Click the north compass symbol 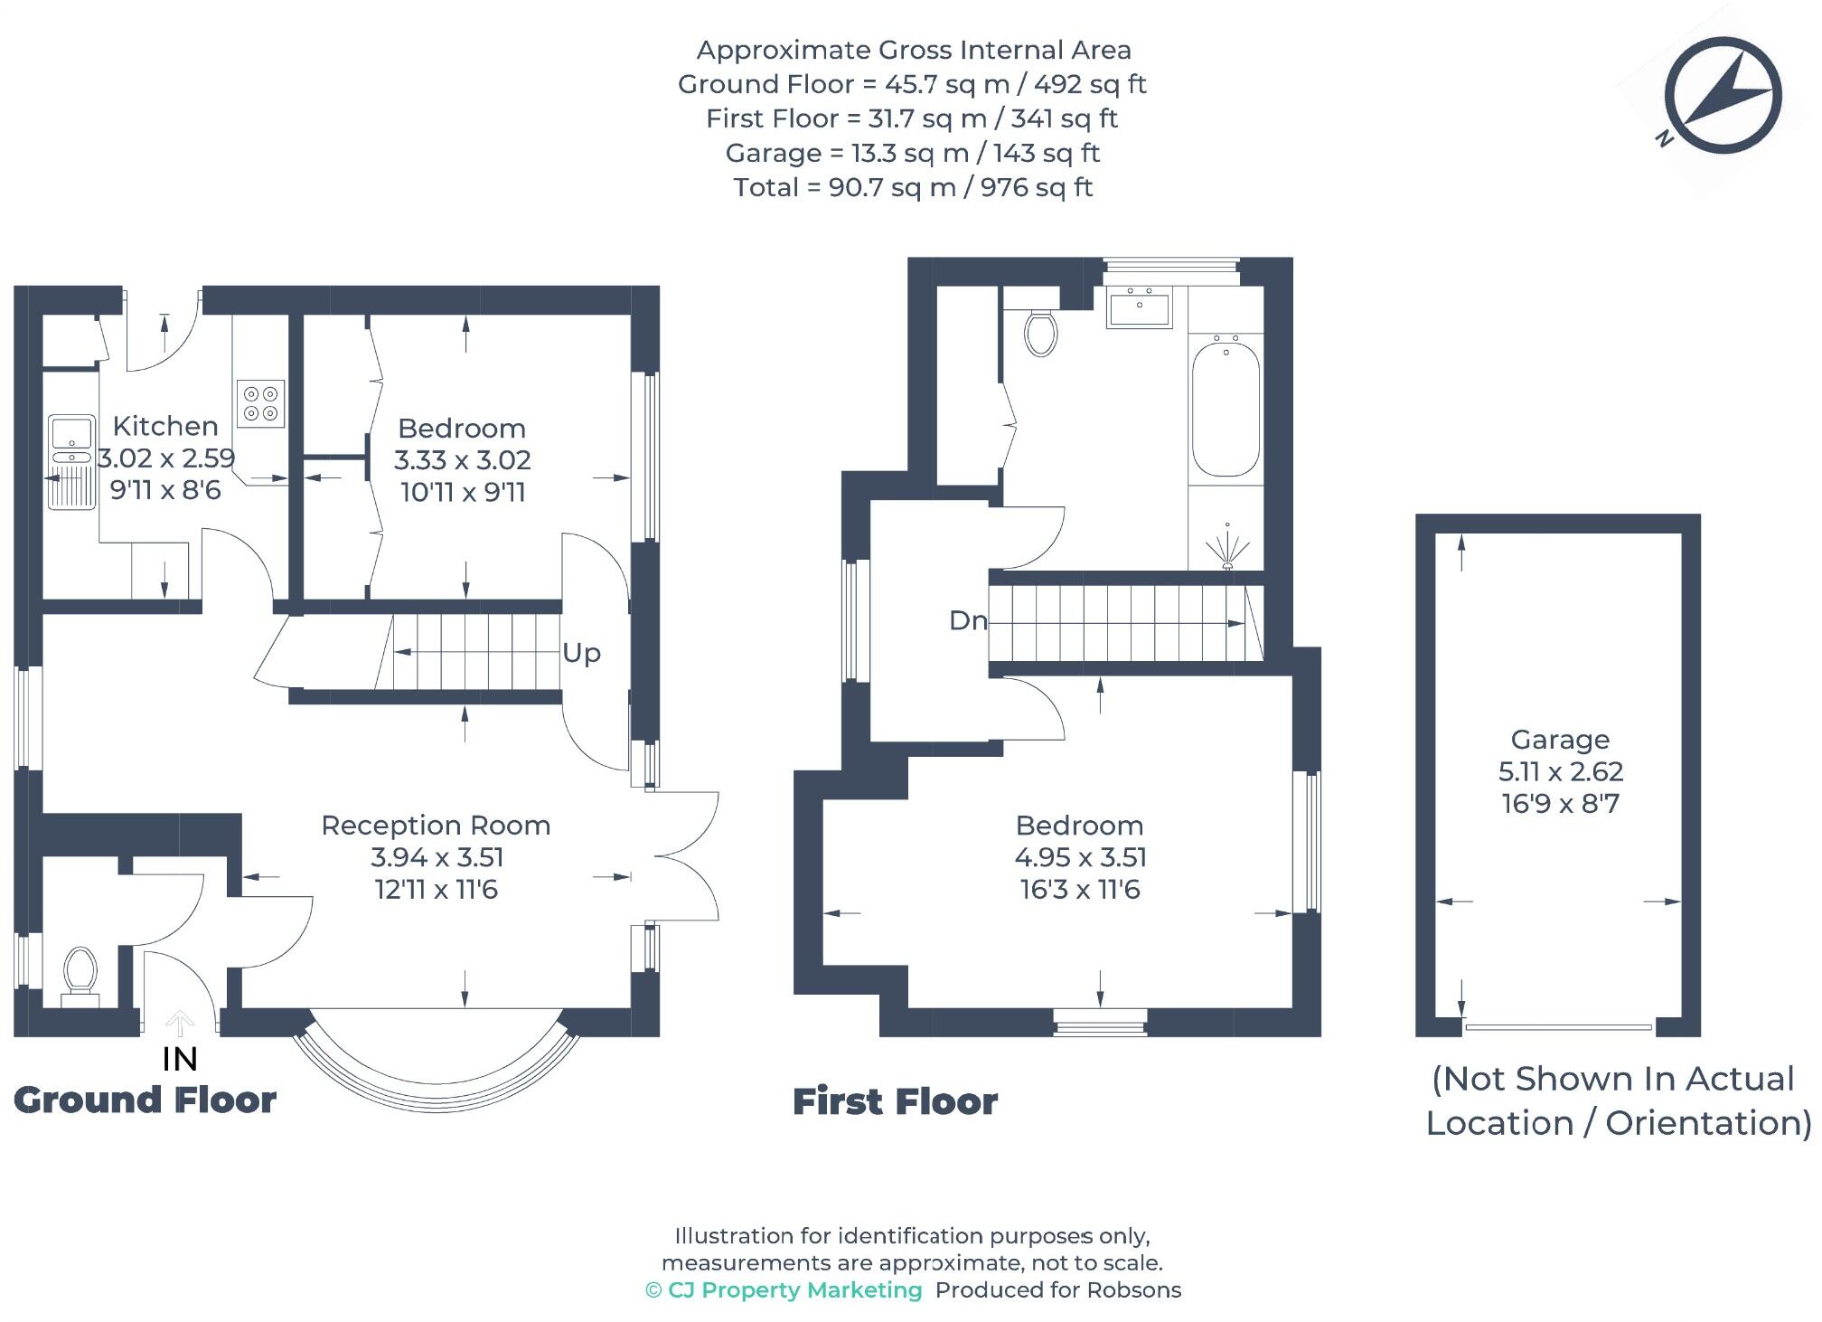pyautogui.click(x=1722, y=94)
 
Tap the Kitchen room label pyautogui.click(x=165, y=426)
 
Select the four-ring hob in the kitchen pyautogui.click(x=261, y=403)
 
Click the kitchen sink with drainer pyautogui.click(x=71, y=461)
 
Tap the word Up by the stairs pyautogui.click(x=581, y=653)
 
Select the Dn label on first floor pyautogui.click(x=967, y=620)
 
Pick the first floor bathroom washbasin pyautogui.click(x=1139, y=307)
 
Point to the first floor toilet pyautogui.click(x=1040, y=332)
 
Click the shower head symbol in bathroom pyautogui.click(x=1227, y=548)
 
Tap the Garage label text pyautogui.click(x=1560, y=740)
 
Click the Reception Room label pyautogui.click(x=436, y=826)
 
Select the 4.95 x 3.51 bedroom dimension pyautogui.click(x=1080, y=857)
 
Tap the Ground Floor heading pyautogui.click(x=145, y=1100)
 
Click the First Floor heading pyautogui.click(x=895, y=1102)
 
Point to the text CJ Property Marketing pyautogui.click(x=794, y=1290)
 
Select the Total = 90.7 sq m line pyautogui.click(x=913, y=187)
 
